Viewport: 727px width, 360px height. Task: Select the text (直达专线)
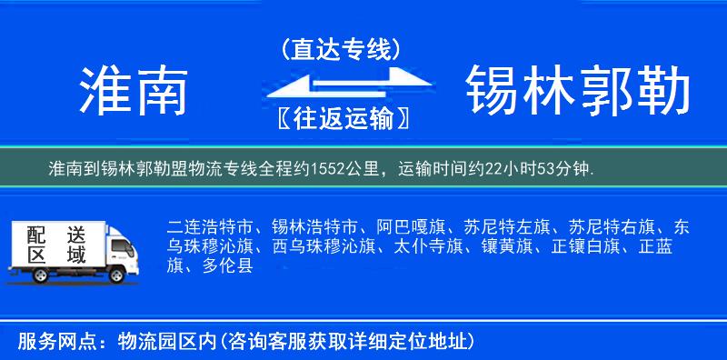pyautogui.click(x=341, y=49)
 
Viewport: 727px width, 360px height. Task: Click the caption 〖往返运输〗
pyautogui.click(x=341, y=119)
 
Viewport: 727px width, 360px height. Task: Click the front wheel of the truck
pyautogui.click(x=116, y=275)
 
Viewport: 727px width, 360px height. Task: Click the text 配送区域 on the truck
pyautogui.click(x=56, y=245)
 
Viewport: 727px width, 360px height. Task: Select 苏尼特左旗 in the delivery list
pyautogui.click(x=499, y=226)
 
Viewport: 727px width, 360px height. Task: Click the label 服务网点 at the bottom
pyautogui.click(x=50, y=342)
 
